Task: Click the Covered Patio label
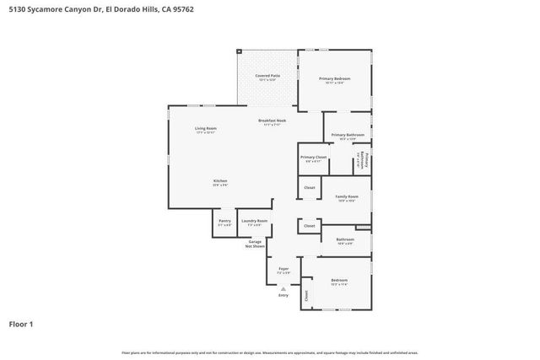click(x=267, y=76)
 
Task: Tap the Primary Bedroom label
click(x=334, y=78)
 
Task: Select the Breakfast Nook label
click(x=272, y=122)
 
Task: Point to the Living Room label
click(x=206, y=129)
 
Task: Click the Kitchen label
click(x=219, y=182)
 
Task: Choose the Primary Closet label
click(x=313, y=158)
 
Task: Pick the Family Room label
click(x=347, y=196)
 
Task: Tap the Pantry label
click(x=224, y=221)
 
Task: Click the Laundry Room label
click(x=254, y=221)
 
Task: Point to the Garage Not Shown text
click(x=255, y=244)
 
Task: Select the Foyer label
click(x=283, y=269)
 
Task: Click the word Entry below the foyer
click(x=283, y=295)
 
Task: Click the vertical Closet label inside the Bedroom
click(x=307, y=295)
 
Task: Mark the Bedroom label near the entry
click(x=339, y=280)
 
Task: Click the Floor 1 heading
click(x=22, y=324)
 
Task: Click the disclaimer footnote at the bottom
click(x=270, y=352)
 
